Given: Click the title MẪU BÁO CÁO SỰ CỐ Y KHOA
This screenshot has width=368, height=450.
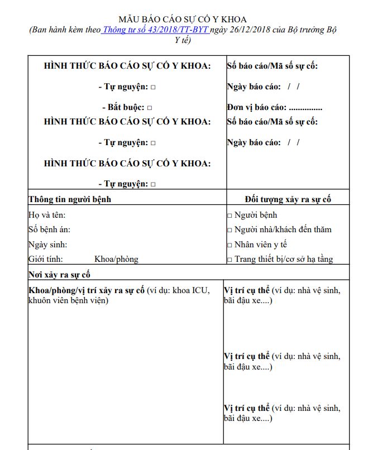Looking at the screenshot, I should [x=183, y=20].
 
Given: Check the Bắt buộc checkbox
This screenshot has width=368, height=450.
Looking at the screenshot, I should [x=150, y=108].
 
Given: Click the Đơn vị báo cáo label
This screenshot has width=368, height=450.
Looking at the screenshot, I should [x=257, y=108].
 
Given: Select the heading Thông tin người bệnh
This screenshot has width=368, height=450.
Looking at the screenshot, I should [x=70, y=199].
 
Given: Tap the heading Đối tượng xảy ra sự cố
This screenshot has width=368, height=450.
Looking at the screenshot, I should [x=288, y=199].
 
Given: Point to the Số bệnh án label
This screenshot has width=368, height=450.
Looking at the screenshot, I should [x=49, y=229].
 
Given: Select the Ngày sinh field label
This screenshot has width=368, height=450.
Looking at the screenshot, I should [x=47, y=245].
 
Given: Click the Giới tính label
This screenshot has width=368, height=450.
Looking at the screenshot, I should [x=46, y=259].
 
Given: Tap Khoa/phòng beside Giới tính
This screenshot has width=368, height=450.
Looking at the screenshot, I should [x=116, y=259].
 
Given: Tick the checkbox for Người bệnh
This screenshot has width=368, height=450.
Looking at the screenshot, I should [x=230, y=216].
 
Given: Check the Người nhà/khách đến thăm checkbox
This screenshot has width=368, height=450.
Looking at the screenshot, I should [x=230, y=230].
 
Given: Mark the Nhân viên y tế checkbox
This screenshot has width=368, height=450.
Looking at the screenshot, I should [x=230, y=245].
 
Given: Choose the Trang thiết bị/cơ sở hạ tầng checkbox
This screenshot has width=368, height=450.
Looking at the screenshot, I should [x=230, y=260].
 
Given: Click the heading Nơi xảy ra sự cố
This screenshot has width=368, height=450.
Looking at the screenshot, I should [x=59, y=275].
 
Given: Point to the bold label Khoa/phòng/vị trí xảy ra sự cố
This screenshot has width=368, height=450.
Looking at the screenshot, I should [x=87, y=290].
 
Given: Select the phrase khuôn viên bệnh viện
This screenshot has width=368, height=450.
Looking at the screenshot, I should [x=68, y=301].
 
